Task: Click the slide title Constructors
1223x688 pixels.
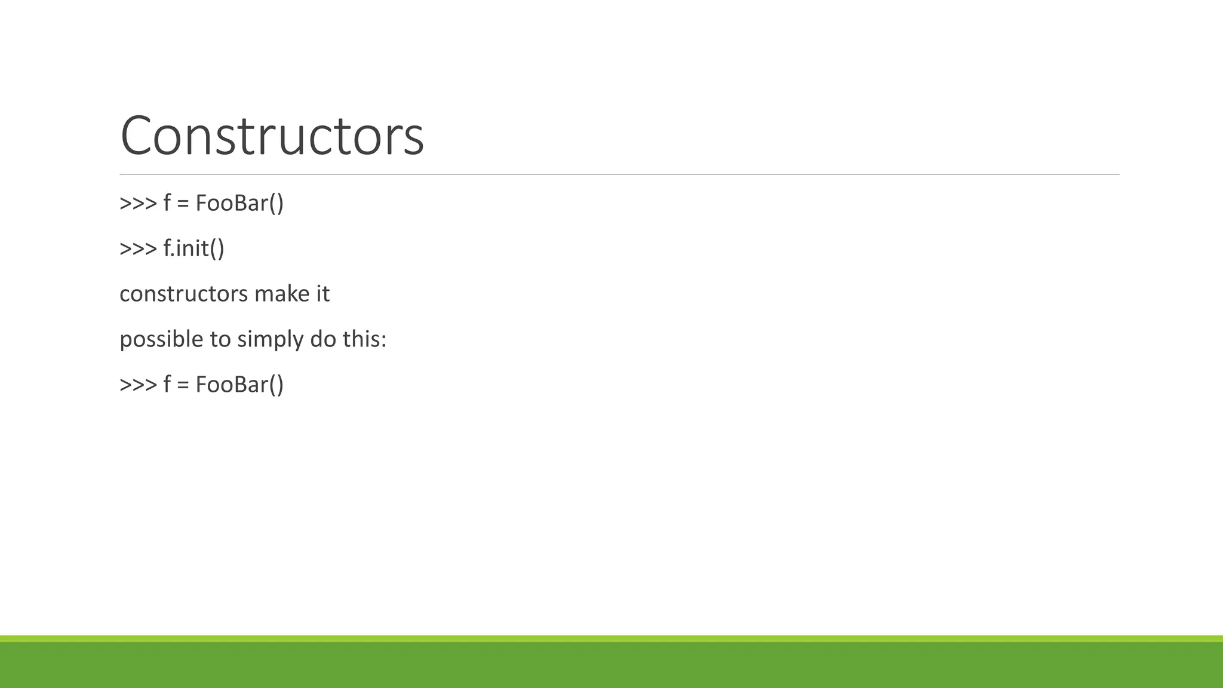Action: (272, 136)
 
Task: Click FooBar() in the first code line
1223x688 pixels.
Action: (239, 203)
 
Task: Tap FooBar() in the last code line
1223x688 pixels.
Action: (239, 384)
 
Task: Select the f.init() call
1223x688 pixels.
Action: (193, 248)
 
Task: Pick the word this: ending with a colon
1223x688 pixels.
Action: (364, 339)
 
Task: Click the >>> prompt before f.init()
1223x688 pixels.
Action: (138, 248)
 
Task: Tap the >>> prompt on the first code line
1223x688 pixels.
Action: (138, 204)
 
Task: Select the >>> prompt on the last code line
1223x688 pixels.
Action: (138, 385)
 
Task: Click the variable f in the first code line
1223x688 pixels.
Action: (167, 203)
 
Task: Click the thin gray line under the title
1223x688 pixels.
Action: (619, 174)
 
